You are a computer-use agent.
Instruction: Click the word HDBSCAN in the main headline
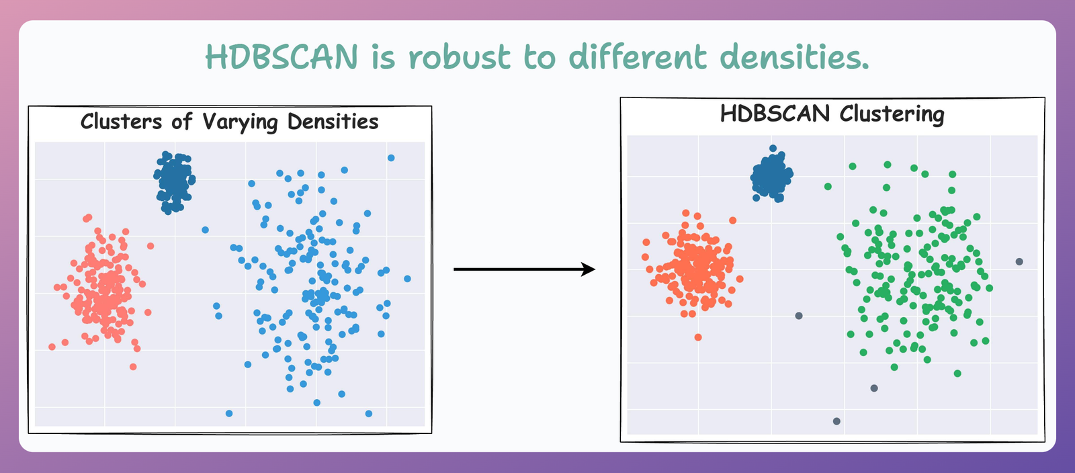[x=282, y=57]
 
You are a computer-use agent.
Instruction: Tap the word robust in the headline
[x=460, y=57]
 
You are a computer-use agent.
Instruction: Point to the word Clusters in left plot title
[x=121, y=122]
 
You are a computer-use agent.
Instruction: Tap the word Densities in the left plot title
[x=333, y=122]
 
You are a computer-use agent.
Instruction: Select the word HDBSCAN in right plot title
[x=775, y=114]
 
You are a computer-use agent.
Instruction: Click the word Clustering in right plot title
[x=892, y=114]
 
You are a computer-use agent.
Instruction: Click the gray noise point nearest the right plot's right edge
[x=1019, y=261]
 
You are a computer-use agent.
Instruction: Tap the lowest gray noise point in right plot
[x=836, y=421]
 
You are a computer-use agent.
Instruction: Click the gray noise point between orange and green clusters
[x=799, y=315]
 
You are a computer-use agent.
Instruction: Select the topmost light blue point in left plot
[x=391, y=158]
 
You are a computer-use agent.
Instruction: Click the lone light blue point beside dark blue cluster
[x=205, y=230]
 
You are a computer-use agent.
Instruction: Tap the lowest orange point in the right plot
[x=698, y=337]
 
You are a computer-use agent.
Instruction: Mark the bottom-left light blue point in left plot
[x=229, y=413]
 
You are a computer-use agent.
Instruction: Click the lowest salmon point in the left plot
[x=133, y=366]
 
